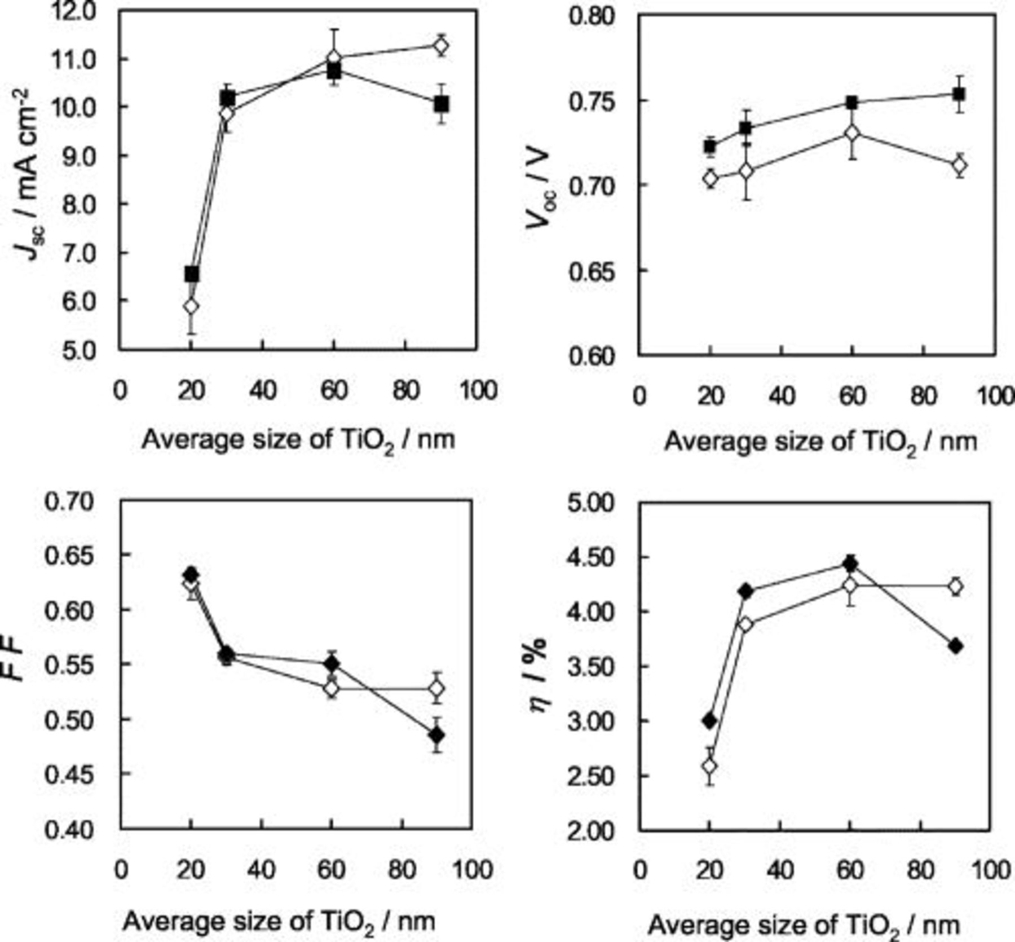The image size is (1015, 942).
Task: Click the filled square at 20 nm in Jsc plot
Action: [x=192, y=274]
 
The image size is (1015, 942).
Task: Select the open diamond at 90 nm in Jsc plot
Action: [x=441, y=46]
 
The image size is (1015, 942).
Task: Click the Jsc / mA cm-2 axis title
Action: [x=28, y=175]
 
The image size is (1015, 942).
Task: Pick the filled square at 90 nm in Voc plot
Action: [x=959, y=94]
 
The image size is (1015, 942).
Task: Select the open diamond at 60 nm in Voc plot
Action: [x=852, y=134]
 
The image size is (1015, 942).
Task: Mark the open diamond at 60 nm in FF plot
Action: [x=332, y=688]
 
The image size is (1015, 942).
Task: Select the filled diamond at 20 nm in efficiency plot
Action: [x=710, y=720]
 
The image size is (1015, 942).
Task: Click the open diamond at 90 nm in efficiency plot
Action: [x=955, y=587]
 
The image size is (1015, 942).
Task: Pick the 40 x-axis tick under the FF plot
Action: [x=262, y=869]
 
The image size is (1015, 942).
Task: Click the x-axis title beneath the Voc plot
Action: [x=820, y=442]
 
